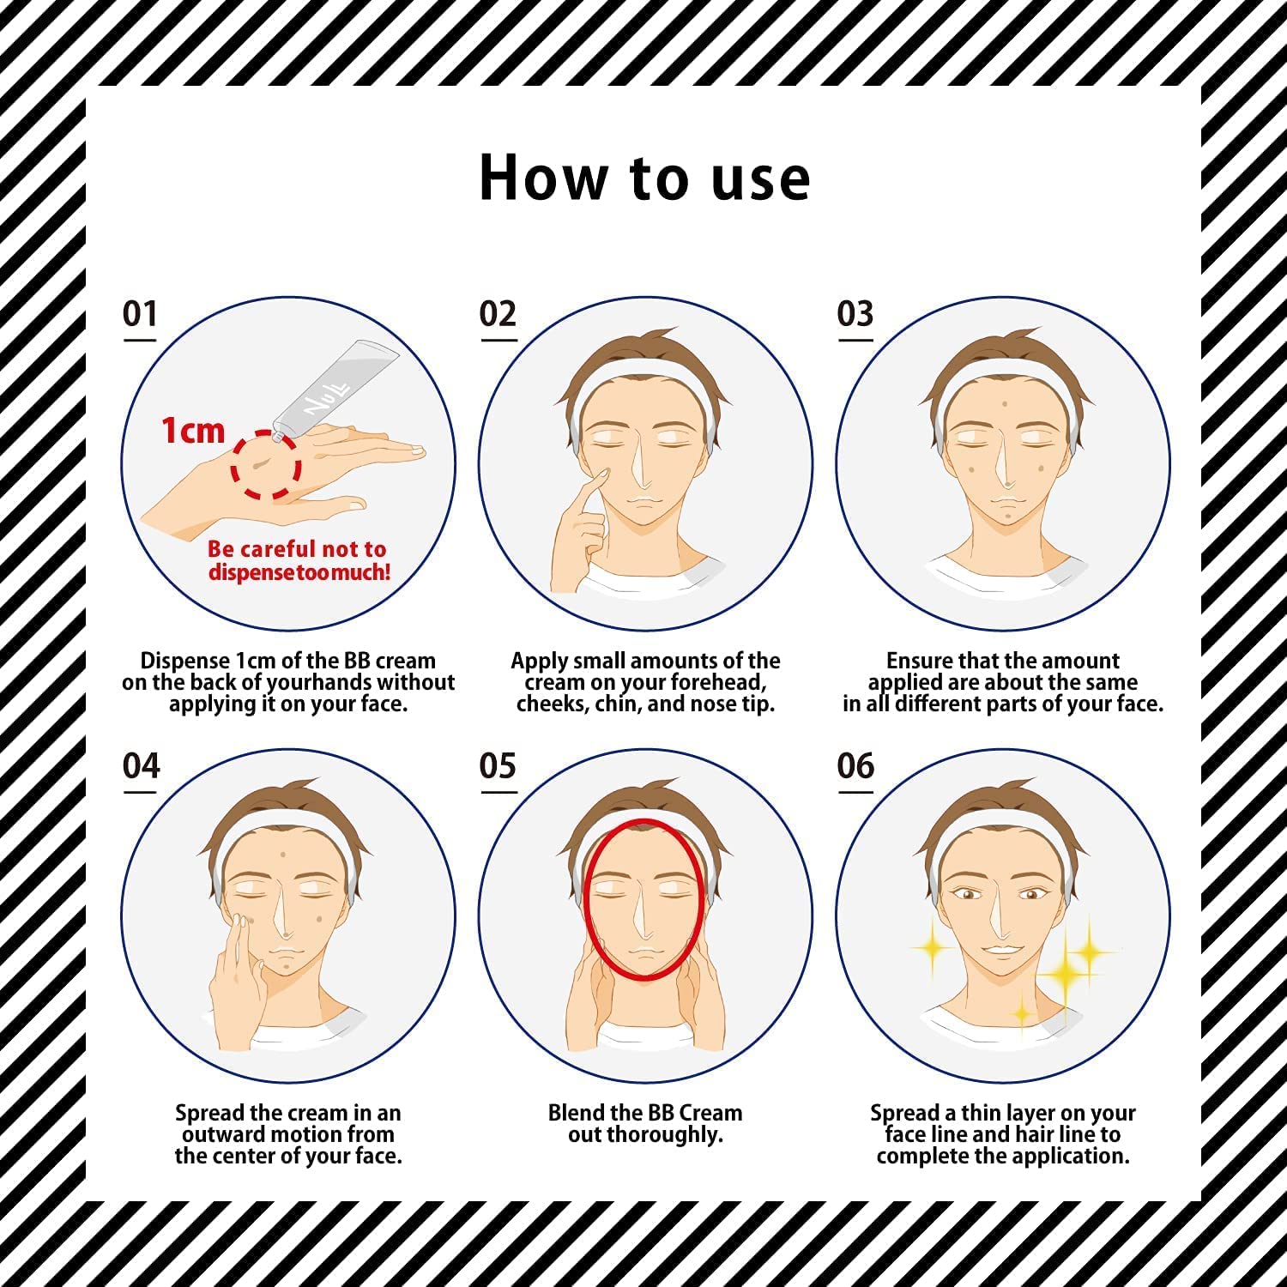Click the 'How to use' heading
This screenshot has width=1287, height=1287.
click(x=644, y=178)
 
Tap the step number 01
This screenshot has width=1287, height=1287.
click(x=140, y=313)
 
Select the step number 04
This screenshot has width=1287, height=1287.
click(x=141, y=765)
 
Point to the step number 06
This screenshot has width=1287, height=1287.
click(x=855, y=765)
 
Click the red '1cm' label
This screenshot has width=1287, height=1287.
click(x=193, y=430)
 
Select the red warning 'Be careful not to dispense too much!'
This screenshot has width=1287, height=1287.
click(x=298, y=560)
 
